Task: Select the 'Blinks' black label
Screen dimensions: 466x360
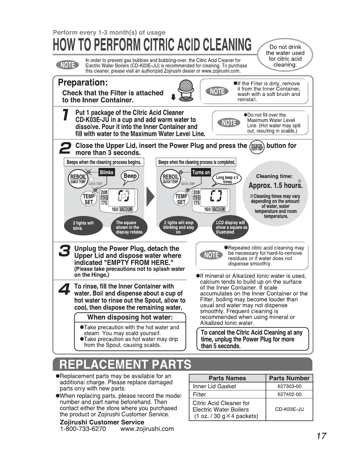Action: [106, 172]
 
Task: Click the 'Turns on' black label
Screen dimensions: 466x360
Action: [201, 172]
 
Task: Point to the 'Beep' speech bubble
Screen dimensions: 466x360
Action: [130, 176]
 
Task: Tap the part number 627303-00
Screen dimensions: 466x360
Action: [289, 386]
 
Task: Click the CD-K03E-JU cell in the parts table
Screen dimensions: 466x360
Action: [289, 409]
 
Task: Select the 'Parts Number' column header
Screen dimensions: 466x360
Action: [289, 378]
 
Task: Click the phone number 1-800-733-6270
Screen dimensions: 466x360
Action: [83, 429]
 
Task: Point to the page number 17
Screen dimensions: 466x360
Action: [321, 436]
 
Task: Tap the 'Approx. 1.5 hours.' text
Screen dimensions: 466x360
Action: [275, 186]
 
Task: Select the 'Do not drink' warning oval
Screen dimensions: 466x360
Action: [285, 56]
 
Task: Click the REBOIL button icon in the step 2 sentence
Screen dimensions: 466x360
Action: [257, 146]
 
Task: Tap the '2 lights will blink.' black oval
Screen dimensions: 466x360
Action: [83, 226]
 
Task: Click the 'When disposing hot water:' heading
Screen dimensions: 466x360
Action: [130, 317]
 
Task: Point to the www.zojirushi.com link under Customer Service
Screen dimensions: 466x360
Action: [147, 429]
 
